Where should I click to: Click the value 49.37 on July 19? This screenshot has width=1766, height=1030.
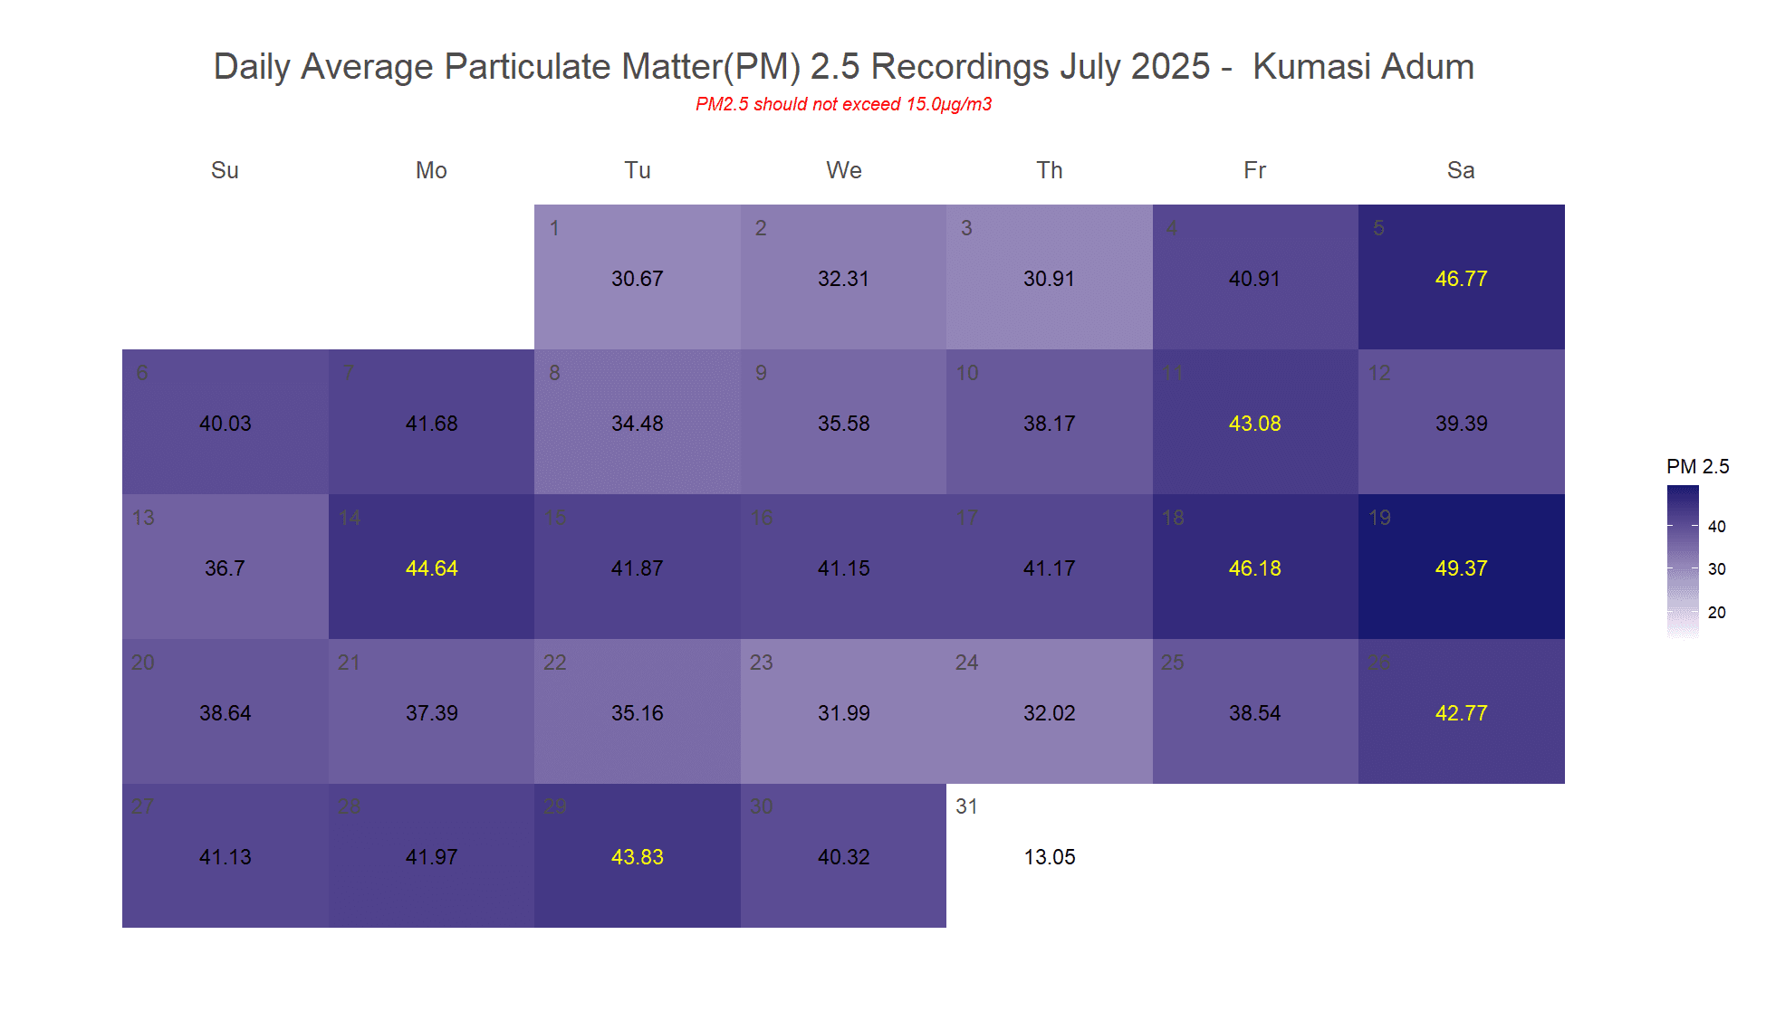tap(1461, 568)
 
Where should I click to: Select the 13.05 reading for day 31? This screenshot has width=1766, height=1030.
tap(1050, 857)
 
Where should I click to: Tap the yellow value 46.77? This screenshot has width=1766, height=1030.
tap(1461, 279)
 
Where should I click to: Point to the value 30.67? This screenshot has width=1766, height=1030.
tap(637, 279)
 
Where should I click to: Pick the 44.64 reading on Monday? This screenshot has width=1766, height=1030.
tap(431, 568)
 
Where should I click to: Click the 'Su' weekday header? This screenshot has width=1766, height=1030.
tap(225, 170)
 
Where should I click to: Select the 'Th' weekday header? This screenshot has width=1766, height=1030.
tap(1050, 170)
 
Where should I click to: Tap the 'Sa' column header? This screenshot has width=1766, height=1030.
tap(1461, 170)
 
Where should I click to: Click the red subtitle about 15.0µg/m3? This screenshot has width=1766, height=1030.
tap(843, 104)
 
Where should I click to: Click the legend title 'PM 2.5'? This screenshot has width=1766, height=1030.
tap(1697, 466)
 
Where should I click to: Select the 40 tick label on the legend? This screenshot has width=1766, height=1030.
tap(1716, 526)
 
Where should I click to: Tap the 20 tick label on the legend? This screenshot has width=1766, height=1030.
tap(1716, 612)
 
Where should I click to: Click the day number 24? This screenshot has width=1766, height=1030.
tap(966, 663)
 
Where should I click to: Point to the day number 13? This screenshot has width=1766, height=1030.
tap(143, 518)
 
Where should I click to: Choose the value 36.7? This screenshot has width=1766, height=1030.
tap(225, 568)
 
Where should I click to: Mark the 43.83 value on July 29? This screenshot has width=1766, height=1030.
tap(637, 857)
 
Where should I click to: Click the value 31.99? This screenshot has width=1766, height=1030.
tap(843, 713)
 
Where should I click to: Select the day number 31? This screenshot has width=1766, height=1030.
tap(966, 806)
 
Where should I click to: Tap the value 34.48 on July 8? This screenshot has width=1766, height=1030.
tap(637, 424)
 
